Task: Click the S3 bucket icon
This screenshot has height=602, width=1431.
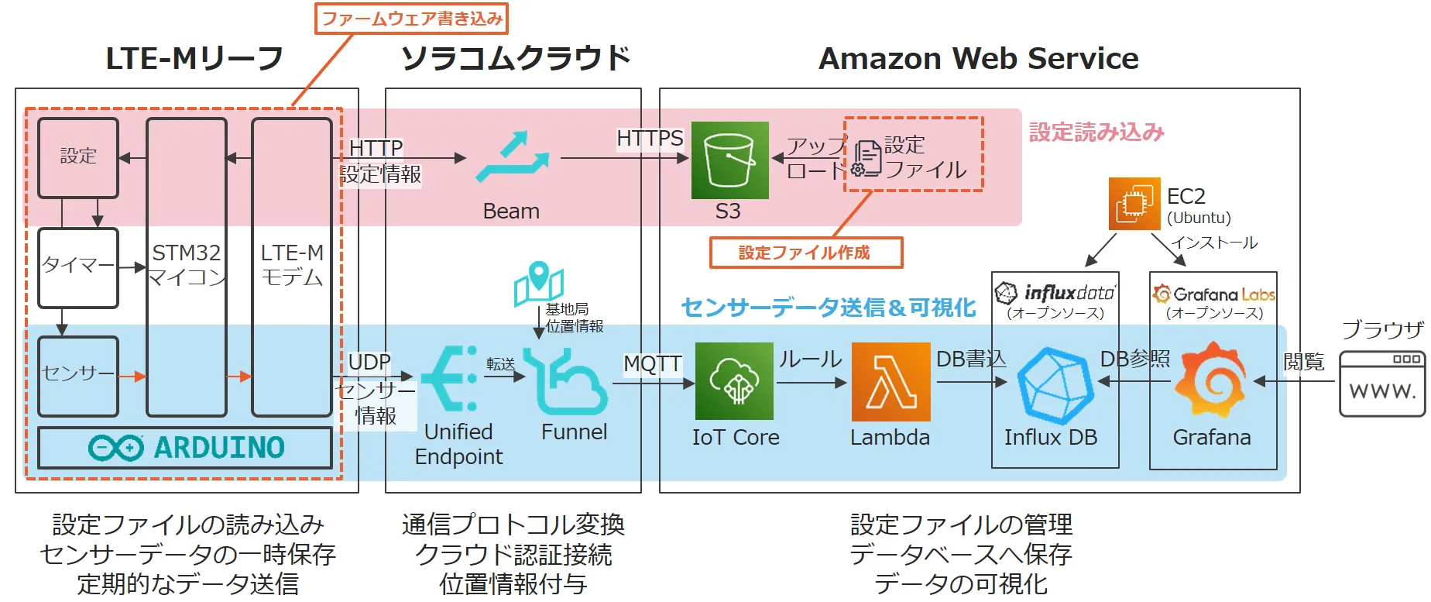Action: (x=729, y=160)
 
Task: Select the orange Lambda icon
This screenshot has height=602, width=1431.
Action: (x=891, y=382)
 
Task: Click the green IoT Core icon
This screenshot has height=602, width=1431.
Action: (x=734, y=381)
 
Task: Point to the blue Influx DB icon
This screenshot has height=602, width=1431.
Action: (x=1054, y=386)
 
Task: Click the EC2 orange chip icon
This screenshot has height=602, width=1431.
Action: (x=1134, y=204)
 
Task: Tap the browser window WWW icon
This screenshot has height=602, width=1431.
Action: (x=1382, y=384)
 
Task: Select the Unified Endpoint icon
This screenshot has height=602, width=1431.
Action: (x=451, y=379)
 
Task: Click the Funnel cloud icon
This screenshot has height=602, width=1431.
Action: (x=565, y=381)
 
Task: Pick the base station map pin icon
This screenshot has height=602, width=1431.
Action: (x=538, y=284)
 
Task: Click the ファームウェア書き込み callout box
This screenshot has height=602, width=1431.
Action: (x=411, y=19)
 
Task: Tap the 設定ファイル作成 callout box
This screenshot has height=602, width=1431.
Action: (x=805, y=253)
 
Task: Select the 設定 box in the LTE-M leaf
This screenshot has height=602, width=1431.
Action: (x=78, y=157)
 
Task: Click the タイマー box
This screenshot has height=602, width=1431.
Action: (x=78, y=267)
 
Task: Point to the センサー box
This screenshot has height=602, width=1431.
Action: (x=78, y=376)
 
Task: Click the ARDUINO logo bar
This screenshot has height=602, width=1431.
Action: (x=185, y=448)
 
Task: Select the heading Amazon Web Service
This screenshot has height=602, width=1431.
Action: (x=978, y=59)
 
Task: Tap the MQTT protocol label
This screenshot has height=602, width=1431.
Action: (x=652, y=363)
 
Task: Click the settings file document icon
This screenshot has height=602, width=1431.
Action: (x=866, y=159)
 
